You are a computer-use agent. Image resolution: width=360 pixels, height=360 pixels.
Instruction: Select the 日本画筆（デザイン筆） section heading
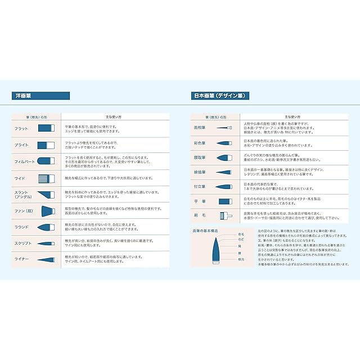(219, 96)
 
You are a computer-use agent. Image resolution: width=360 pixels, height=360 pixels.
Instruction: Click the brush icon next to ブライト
(46, 145)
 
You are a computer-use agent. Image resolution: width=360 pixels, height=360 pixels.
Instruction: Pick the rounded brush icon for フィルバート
(45, 161)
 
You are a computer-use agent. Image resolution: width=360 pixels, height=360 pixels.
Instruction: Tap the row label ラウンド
(22, 227)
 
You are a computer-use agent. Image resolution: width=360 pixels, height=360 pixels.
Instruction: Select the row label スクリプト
(23, 243)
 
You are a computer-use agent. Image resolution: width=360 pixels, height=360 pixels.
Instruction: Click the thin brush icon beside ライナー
(45, 259)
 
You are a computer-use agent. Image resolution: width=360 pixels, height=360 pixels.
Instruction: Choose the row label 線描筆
(200, 172)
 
